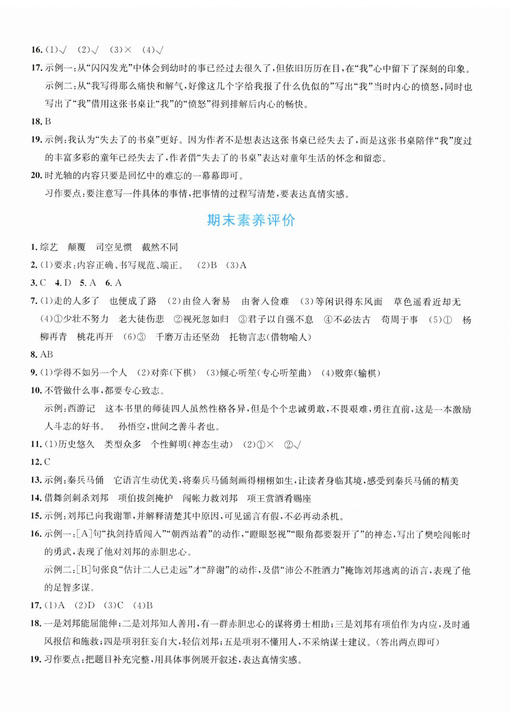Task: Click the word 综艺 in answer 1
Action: click(49, 247)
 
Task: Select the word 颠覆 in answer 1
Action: click(77, 247)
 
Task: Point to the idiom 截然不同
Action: click(160, 247)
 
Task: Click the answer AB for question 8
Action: click(46, 354)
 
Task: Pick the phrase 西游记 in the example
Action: click(82, 408)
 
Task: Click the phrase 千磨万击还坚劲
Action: click(187, 337)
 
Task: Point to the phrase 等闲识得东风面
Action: click(348, 301)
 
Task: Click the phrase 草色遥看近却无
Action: click(427, 301)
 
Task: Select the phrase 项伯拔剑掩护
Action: click(146, 498)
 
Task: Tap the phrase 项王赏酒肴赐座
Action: click(279, 498)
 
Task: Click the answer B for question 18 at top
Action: click(48, 122)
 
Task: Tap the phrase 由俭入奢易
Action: click(207, 301)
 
